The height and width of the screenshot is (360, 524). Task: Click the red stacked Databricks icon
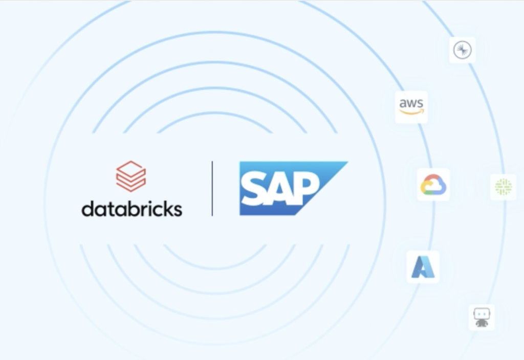point(131,176)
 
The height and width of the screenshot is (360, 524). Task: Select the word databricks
point(132,208)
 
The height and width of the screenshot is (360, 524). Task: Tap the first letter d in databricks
point(88,209)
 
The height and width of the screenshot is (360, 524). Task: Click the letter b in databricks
point(130,208)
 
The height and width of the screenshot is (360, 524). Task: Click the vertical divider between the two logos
point(212,189)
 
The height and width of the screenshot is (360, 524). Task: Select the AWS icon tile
point(411,107)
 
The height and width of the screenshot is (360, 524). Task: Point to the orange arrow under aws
point(411,112)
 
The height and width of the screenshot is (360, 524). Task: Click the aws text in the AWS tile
point(411,103)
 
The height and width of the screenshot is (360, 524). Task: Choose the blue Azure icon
point(423,266)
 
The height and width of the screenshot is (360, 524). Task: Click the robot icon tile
point(482,317)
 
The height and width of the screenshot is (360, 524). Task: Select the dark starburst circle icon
point(463,50)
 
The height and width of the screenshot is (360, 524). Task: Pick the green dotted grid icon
point(503,187)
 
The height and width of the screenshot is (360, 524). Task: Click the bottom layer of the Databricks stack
point(131,185)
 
